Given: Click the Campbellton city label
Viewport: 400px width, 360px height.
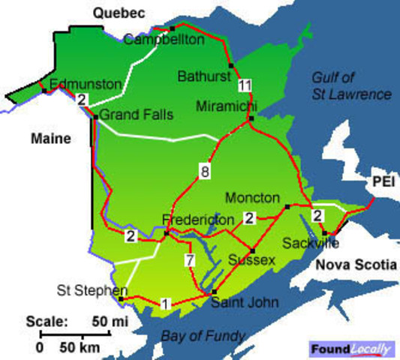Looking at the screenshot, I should [164, 40].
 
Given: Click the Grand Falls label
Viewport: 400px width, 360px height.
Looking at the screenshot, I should [136, 115].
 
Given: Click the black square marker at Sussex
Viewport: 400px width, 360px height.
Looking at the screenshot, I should [253, 250].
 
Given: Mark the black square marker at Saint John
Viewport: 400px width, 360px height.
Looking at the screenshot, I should [214, 292].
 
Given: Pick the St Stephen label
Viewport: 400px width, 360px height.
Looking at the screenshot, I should [86, 289].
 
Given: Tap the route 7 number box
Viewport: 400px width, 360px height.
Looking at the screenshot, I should [191, 260].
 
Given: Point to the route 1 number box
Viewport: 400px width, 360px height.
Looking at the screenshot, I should [165, 304].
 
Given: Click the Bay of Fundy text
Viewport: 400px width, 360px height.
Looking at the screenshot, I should [202, 334].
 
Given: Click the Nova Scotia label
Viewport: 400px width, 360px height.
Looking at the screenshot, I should [348, 265].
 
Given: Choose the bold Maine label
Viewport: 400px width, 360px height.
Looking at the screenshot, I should [50, 139].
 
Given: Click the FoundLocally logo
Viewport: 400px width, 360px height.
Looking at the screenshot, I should [352, 348].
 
